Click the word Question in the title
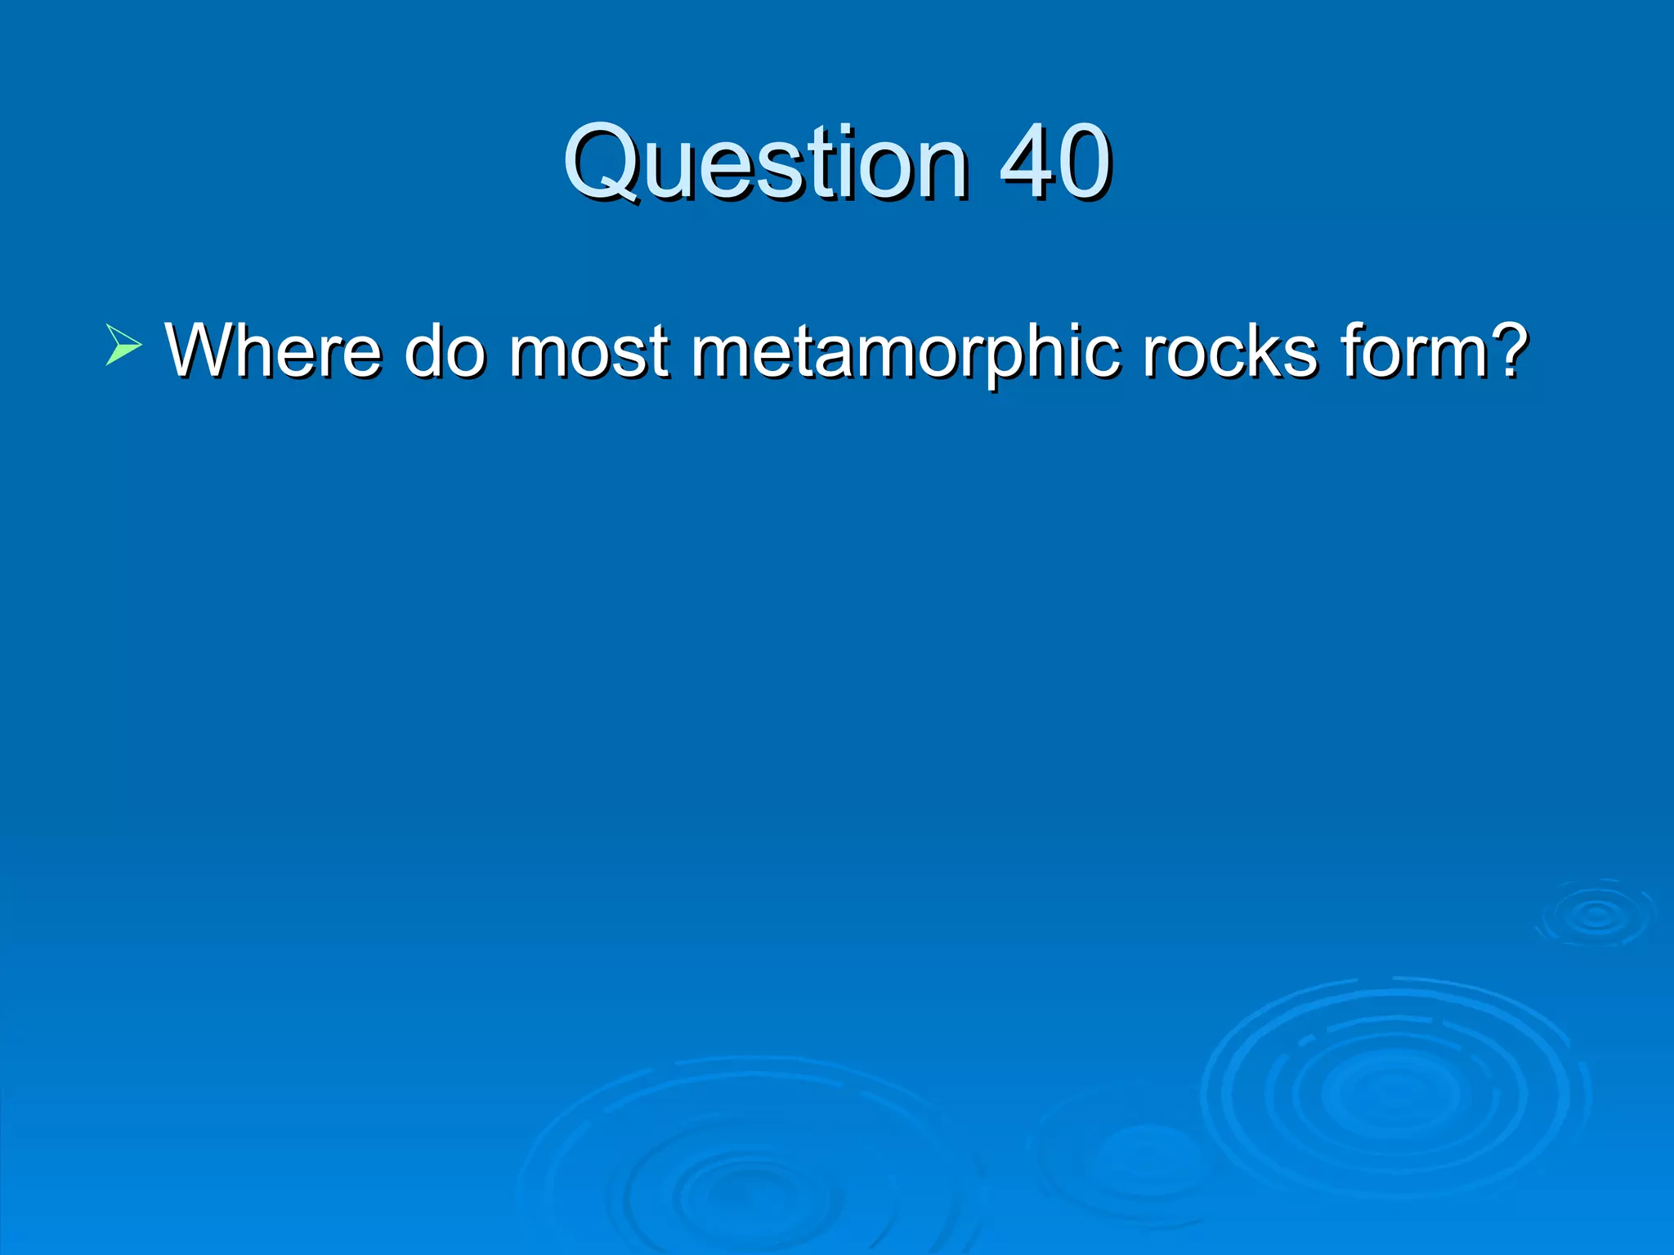(x=765, y=163)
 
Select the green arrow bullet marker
(x=123, y=344)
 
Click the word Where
(x=273, y=351)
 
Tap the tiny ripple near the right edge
(x=1596, y=914)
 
